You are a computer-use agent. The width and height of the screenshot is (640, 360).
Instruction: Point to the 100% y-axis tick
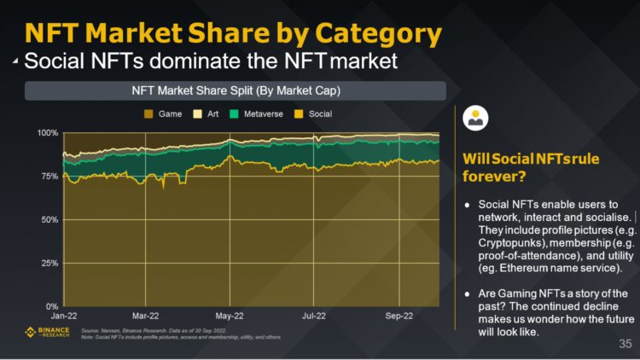48,133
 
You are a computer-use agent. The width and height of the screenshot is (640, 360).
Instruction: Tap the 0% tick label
52,305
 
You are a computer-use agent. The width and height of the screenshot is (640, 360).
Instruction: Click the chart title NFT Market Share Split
235,90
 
